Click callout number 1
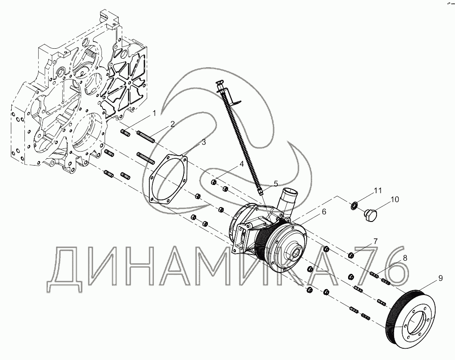click(x=154, y=113)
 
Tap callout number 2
click(x=172, y=124)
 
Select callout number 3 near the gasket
click(x=203, y=142)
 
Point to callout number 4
click(x=241, y=164)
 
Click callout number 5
click(x=276, y=184)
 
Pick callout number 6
click(x=324, y=212)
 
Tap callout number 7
click(x=375, y=241)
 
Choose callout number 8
click(x=405, y=258)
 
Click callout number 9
click(x=440, y=278)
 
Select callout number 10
click(x=395, y=199)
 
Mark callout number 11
click(x=377, y=191)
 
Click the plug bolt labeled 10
click(x=369, y=215)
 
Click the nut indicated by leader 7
click(x=351, y=255)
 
